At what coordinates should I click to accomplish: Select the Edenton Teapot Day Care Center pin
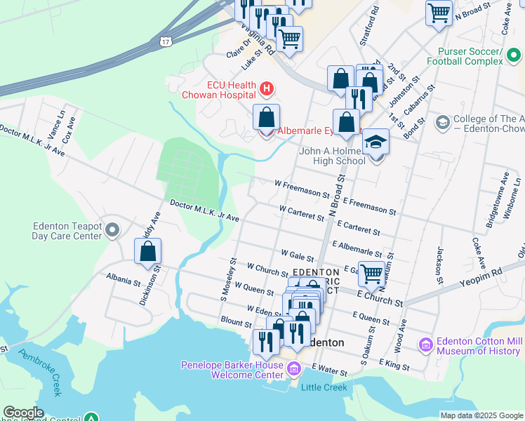pyautogui.click(x=112, y=229)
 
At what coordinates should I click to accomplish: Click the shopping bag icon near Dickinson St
pyautogui.click(x=148, y=251)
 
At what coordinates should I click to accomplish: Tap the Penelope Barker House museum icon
pyautogui.click(x=293, y=368)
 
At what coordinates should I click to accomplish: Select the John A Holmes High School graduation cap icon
pyautogui.click(x=376, y=142)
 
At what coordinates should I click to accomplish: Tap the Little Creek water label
pyautogui.click(x=324, y=387)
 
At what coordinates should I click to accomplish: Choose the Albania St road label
pyautogui.click(x=124, y=280)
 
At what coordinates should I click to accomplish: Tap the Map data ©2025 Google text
pyautogui.click(x=480, y=415)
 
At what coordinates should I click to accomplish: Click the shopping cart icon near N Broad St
pyautogui.click(x=439, y=12)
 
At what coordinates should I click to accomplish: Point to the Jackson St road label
pyautogui.click(x=440, y=260)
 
